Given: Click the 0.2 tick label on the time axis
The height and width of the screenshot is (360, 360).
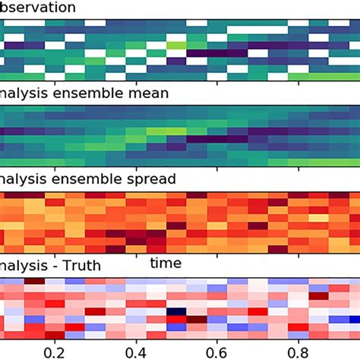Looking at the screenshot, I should coord(54,352).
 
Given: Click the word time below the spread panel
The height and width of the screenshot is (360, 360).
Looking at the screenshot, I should coord(165,263).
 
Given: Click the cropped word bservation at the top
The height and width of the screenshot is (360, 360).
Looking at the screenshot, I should coord(38,8).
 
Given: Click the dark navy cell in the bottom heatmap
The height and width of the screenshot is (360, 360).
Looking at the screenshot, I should coord(176,311).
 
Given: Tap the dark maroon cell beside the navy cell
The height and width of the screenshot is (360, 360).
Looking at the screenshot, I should coord(196,319).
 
